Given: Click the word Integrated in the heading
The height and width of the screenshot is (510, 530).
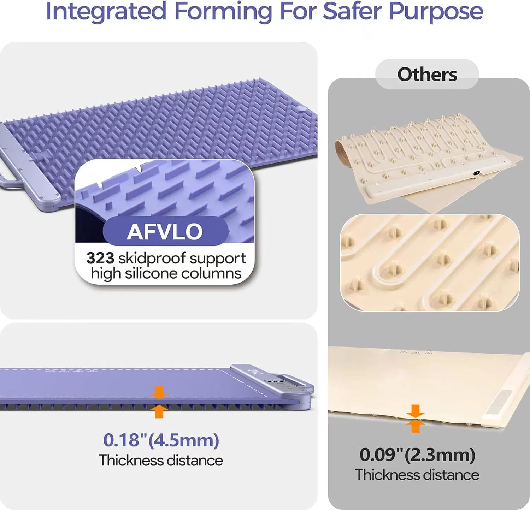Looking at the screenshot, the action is pos(106,11).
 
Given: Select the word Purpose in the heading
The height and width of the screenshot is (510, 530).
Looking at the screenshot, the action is pos(436,12).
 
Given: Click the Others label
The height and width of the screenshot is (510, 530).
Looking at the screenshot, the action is pos(427,75).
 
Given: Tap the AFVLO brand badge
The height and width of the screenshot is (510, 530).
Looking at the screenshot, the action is pos(165,231).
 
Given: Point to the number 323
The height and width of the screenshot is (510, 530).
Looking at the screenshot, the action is pos(100,258).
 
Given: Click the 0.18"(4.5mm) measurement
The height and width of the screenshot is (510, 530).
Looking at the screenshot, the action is pos(161,440).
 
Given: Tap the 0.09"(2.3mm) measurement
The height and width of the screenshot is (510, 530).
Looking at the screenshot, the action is pos(417,455).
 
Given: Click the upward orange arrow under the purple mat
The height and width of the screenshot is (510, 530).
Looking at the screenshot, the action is pos(159,411).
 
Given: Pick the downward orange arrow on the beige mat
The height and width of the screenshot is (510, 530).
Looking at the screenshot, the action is pos(416,411).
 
